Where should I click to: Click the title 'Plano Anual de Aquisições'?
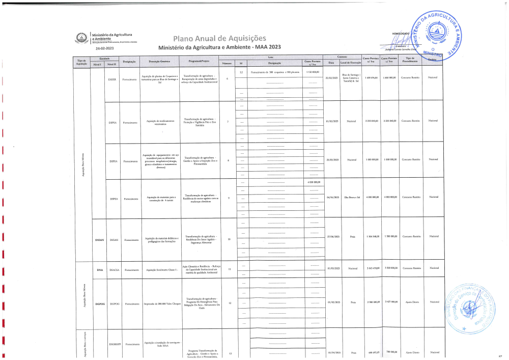click(219, 39)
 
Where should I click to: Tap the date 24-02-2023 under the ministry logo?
click(104, 48)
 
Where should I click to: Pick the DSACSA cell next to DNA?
click(114, 269)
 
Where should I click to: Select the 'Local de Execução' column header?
click(351, 63)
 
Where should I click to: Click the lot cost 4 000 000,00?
click(313, 182)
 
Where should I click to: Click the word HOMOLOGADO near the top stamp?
click(401, 34)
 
